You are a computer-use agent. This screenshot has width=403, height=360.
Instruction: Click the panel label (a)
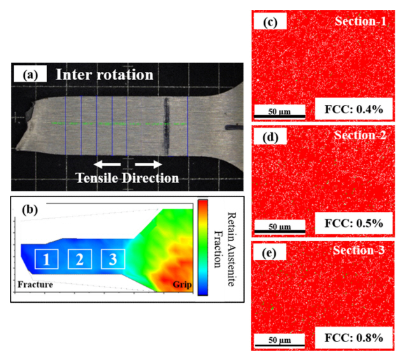click(x=30, y=74)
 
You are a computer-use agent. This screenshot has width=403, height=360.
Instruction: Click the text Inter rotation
click(x=104, y=74)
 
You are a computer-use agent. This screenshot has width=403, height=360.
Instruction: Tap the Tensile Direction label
click(x=128, y=178)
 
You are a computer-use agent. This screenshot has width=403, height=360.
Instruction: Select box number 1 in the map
click(x=46, y=259)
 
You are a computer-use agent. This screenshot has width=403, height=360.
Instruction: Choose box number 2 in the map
click(x=80, y=259)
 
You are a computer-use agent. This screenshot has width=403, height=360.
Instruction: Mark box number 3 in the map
click(x=113, y=259)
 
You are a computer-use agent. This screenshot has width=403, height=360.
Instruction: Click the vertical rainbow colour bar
click(x=202, y=247)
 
